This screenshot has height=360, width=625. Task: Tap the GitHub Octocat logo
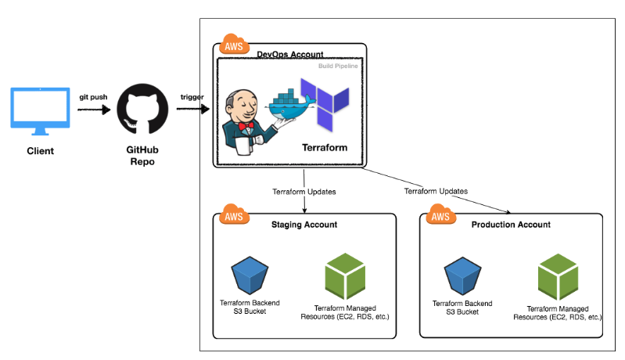(x=142, y=109)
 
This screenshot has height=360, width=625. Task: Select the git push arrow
(x=94, y=110)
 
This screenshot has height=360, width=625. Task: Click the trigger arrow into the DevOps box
(x=193, y=109)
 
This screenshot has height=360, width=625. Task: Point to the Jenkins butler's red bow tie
(x=246, y=126)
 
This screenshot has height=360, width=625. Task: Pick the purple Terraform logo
(x=325, y=104)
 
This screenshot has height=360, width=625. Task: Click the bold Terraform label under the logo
(x=325, y=148)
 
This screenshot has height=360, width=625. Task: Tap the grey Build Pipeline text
(x=338, y=67)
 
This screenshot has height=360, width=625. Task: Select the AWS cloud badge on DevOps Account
(x=234, y=45)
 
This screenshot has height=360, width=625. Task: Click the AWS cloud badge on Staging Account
(x=234, y=214)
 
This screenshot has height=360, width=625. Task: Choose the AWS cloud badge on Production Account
(x=441, y=214)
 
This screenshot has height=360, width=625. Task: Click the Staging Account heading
(x=304, y=225)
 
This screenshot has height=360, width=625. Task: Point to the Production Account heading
(x=511, y=225)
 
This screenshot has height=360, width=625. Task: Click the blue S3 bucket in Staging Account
(x=250, y=275)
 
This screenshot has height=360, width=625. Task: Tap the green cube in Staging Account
(x=345, y=276)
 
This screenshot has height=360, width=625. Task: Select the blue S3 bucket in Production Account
(x=463, y=276)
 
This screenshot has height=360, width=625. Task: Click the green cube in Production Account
(x=558, y=277)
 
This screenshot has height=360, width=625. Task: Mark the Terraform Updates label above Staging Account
(x=304, y=193)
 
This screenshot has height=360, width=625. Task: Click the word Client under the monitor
(x=40, y=151)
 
